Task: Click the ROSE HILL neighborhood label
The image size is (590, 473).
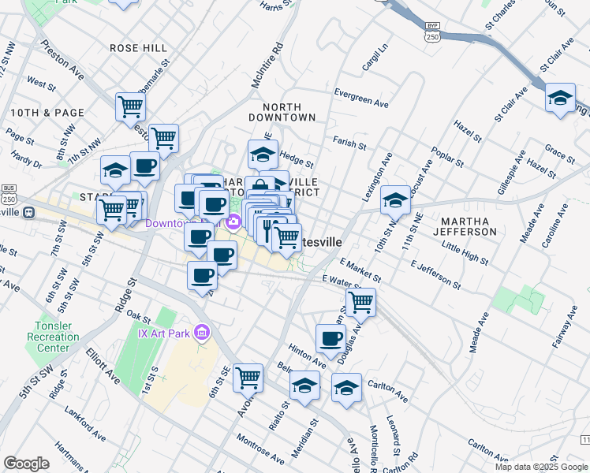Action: point(138,48)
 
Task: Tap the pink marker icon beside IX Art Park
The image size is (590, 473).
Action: point(202,333)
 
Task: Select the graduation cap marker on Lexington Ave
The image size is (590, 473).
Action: point(395,201)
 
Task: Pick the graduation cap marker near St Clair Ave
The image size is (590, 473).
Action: point(560,98)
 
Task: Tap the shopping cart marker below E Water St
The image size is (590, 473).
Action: point(360,300)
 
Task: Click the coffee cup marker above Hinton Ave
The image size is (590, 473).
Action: point(330,338)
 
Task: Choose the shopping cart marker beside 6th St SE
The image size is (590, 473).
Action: point(248,378)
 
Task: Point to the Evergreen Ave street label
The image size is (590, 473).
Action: point(361,102)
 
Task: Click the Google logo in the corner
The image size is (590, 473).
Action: point(26,463)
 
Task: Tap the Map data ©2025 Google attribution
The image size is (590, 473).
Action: point(541,467)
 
